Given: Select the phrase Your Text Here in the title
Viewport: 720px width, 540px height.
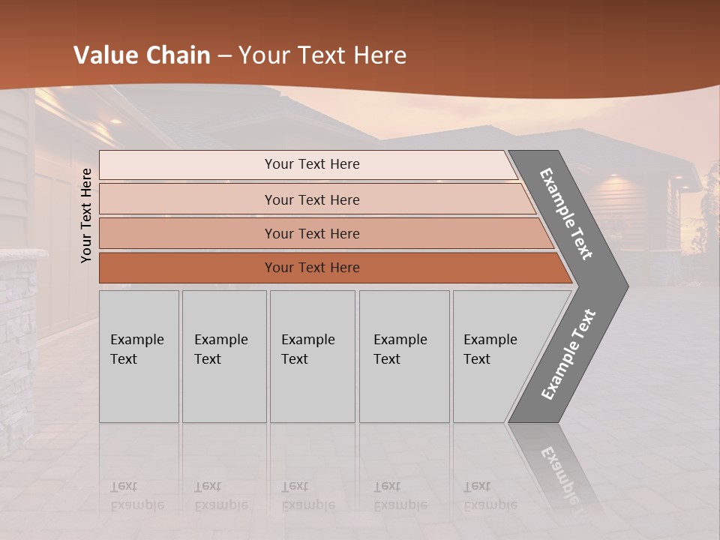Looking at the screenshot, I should [322, 55].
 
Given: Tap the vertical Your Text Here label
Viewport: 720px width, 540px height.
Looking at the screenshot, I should [86, 215].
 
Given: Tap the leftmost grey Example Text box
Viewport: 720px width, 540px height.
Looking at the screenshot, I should [139, 356].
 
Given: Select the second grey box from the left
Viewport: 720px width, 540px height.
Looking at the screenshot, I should [224, 356].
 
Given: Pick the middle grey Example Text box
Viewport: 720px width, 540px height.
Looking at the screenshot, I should [312, 356].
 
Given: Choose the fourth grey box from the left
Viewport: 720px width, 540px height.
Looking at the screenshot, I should [404, 356].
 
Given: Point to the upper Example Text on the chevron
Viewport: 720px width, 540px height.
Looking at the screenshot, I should [567, 214].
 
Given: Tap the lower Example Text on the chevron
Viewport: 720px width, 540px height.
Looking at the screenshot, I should [568, 354].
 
